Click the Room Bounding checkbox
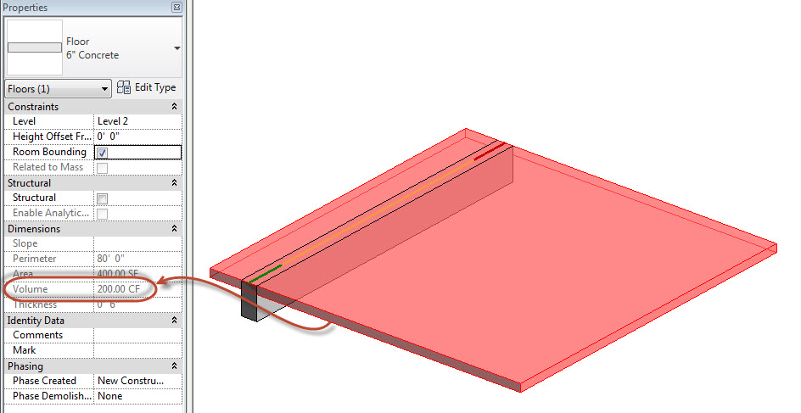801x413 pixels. tap(102, 153)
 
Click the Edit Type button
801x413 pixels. tap(147, 87)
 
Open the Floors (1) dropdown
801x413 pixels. tap(58, 88)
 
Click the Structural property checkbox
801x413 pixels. tap(102, 198)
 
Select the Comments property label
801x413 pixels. tap(37, 335)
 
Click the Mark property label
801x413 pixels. tap(25, 350)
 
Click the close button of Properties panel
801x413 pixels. tap(176, 8)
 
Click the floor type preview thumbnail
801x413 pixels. tap(34, 48)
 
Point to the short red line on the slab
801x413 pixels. tap(488, 152)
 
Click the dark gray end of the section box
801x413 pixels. tap(249, 301)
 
